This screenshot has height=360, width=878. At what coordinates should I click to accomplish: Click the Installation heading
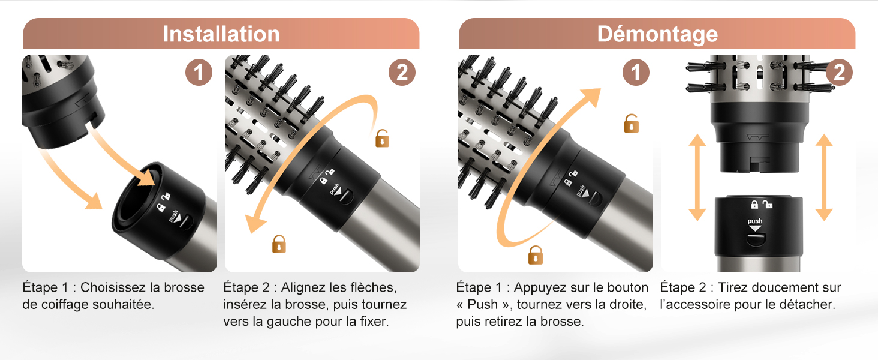point(221,34)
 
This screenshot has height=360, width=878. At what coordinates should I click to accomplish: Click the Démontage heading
point(657,34)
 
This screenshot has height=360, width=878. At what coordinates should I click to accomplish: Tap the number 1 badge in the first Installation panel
point(197,73)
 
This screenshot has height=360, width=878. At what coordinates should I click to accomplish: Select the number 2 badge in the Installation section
point(402,73)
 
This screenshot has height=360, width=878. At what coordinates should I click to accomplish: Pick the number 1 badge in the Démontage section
point(635,73)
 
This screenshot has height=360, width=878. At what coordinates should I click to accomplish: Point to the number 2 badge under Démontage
point(839,73)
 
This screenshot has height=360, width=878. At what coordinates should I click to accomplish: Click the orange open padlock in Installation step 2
point(382,139)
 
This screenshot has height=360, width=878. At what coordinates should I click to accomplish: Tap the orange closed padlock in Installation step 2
point(279,244)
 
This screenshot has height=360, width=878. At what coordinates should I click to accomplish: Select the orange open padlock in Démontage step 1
point(631,123)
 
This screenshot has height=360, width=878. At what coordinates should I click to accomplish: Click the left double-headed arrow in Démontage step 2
point(696,177)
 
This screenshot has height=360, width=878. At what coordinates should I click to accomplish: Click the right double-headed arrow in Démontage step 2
point(824,177)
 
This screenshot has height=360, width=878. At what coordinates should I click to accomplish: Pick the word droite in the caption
point(624,304)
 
